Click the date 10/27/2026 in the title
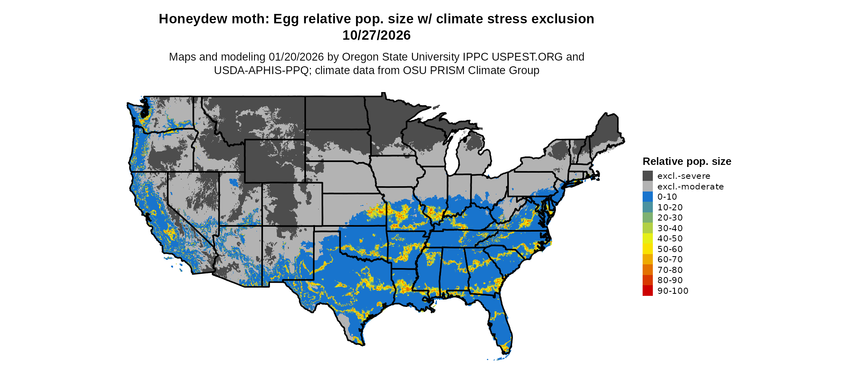(376, 36)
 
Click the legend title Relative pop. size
(687, 162)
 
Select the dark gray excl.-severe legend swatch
(648, 176)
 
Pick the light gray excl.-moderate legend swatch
(648, 187)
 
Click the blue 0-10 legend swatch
(648, 197)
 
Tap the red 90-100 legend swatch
(648, 291)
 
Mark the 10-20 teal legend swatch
(648, 207)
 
